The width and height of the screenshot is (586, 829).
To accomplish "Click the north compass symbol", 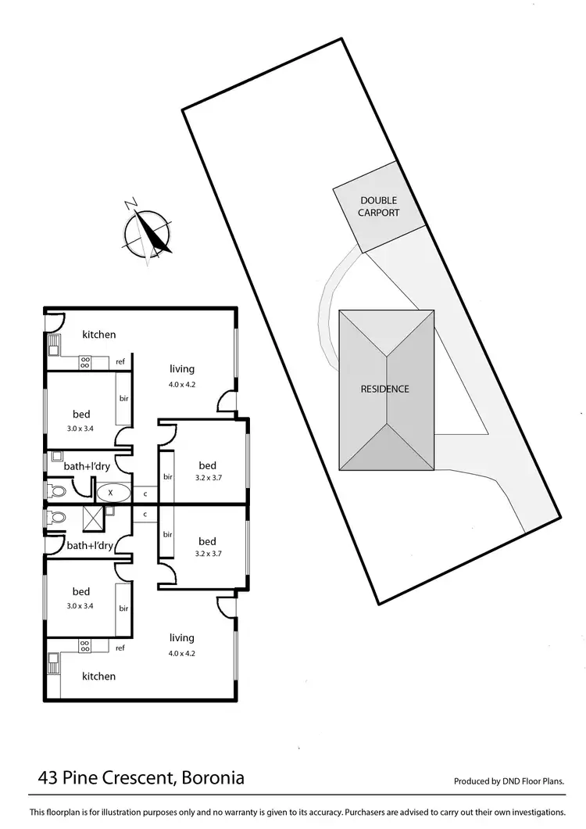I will pyautogui.click(x=148, y=232).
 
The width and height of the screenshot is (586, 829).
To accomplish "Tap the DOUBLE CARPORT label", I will pyautogui.click(x=379, y=206).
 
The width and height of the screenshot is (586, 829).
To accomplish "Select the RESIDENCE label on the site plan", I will pyautogui.click(x=384, y=389).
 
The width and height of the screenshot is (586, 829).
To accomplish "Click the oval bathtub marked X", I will pyautogui.click(x=110, y=493).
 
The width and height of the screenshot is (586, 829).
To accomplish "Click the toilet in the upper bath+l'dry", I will pyautogui.click(x=57, y=491).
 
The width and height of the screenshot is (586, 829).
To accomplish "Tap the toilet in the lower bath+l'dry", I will pyautogui.click(x=56, y=517).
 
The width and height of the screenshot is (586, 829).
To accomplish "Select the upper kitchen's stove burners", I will pyautogui.click(x=85, y=362).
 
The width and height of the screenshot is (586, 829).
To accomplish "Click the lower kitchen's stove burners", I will pyautogui.click(x=85, y=646).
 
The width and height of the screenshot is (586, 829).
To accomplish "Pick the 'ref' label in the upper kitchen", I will pyautogui.click(x=120, y=362).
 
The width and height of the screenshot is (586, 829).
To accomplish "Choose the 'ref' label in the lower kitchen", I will pyautogui.click(x=120, y=648).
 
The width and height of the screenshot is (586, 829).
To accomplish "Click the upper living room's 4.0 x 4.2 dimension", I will pyautogui.click(x=181, y=384).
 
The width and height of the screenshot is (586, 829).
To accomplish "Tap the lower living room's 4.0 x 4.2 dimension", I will pyautogui.click(x=181, y=653).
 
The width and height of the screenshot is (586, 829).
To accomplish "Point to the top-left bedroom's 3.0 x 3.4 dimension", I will pyautogui.click(x=81, y=428).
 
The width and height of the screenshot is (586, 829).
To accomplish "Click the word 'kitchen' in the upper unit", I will pyautogui.click(x=99, y=335).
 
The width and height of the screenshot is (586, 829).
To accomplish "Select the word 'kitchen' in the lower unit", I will pyautogui.click(x=99, y=676).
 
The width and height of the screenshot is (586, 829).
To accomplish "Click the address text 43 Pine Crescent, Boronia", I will pyautogui.click(x=141, y=778).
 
